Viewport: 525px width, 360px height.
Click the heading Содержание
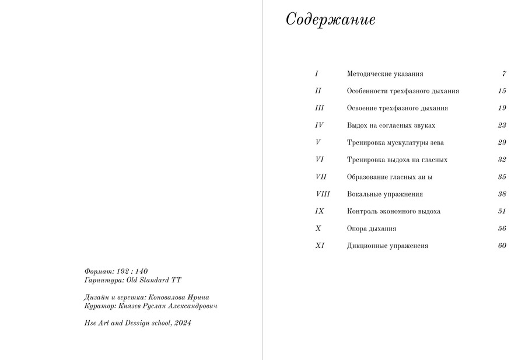pos(330,20)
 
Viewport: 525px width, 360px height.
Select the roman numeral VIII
pos(323,194)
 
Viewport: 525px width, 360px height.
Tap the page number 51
pos(502,211)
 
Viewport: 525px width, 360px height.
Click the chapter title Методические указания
pos(385,74)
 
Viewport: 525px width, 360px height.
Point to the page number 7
pos(503,74)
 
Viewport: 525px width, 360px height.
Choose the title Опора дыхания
pos(372,229)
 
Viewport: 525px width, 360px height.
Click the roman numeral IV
pos(319,125)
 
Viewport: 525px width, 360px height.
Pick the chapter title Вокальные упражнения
pos(385,194)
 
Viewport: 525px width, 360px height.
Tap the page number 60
pos(502,246)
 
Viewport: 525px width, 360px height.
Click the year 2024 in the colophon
pos(182,323)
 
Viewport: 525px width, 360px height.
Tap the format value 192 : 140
pos(132,271)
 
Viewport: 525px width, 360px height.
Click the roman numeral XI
pos(320,246)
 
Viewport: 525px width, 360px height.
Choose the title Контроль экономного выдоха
pos(394,211)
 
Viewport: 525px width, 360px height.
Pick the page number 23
pos(502,125)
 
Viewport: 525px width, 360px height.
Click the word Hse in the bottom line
pos(91,323)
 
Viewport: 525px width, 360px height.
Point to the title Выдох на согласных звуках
pos(391,125)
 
